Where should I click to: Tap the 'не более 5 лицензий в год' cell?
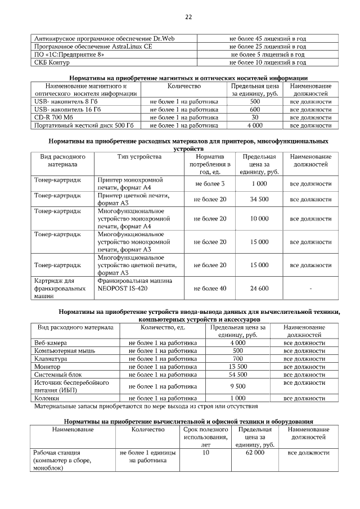[x=268, y=55]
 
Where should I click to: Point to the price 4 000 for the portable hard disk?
[x=255, y=125]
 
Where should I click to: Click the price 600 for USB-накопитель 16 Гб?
[x=255, y=110]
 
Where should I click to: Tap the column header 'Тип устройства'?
[x=139, y=156]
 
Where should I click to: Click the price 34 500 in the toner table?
[x=259, y=200]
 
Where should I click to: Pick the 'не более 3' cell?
[x=210, y=184]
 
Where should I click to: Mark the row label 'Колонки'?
[x=47, y=398]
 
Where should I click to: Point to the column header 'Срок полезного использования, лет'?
[x=205, y=437]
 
